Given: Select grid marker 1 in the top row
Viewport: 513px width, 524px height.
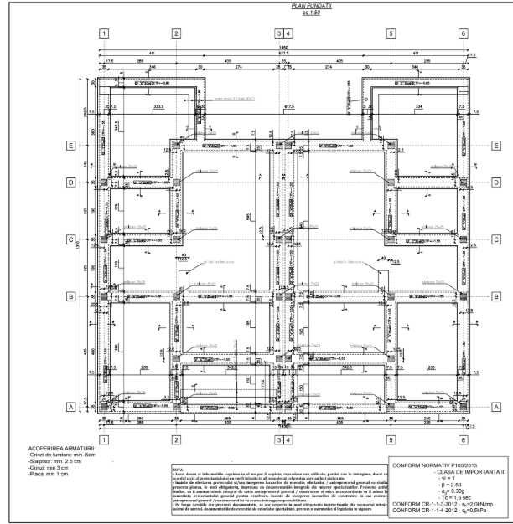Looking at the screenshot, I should pyautogui.click(x=104, y=33).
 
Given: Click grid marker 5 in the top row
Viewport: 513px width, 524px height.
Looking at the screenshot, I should pyautogui.click(x=390, y=33).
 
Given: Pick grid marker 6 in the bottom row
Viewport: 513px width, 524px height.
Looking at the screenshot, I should pyautogui.click(x=463, y=439).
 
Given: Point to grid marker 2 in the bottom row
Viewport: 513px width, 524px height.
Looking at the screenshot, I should pyautogui.click(x=176, y=439).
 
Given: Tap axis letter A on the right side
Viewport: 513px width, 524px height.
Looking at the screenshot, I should pyautogui.click(x=496, y=408).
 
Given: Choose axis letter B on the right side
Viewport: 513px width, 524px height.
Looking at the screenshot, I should pyautogui.click(x=496, y=295).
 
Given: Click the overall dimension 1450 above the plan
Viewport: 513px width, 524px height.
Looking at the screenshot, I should pyautogui.click(x=284, y=48).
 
